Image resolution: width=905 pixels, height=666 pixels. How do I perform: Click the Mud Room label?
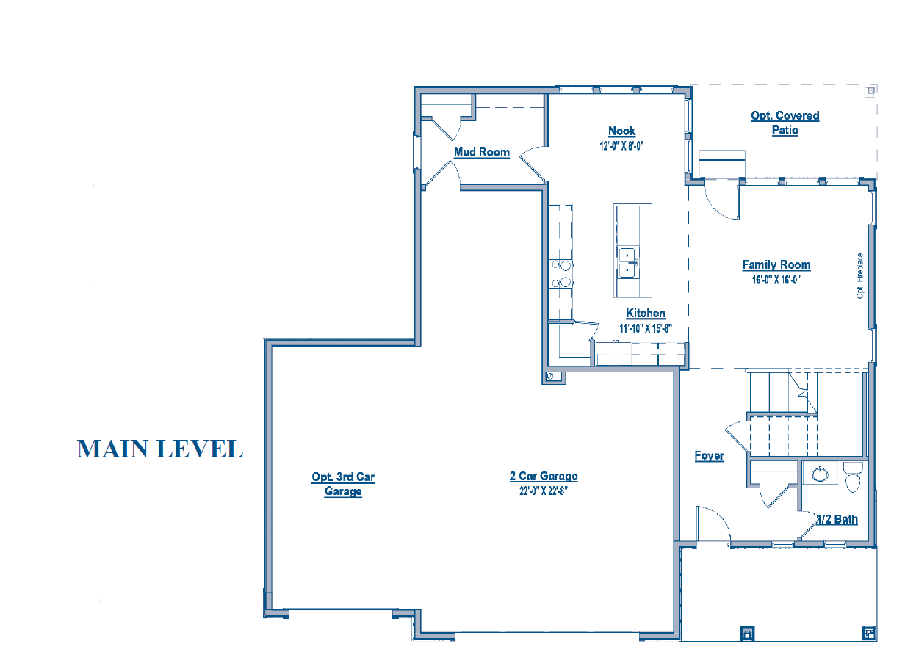[482, 152]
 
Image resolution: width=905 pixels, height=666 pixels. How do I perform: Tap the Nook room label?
[621, 131]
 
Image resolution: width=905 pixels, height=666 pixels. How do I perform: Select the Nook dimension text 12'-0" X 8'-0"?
[621, 146]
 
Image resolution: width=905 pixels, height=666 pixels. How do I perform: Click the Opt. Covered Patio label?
[785, 123]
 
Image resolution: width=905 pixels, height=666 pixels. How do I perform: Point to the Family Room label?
[776, 265]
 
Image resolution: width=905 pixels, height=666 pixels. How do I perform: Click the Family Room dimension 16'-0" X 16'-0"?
[776, 280]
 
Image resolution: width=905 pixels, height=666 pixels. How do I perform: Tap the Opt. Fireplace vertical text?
[859, 275]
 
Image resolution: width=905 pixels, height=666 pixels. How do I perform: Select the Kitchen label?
[645, 314]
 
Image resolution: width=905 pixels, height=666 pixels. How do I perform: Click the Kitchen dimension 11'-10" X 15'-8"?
[646, 328]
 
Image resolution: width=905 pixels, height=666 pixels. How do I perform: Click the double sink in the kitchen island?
[628, 264]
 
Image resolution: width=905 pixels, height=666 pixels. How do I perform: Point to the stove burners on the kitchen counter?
[560, 273]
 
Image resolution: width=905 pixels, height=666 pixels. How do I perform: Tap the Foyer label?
[709, 456]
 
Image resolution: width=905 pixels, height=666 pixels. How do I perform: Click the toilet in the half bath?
[853, 477]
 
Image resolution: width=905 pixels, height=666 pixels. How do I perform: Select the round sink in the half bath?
[820, 474]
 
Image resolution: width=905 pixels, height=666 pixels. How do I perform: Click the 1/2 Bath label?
[837, 520]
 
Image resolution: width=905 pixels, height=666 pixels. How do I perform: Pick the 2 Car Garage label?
[544, 477]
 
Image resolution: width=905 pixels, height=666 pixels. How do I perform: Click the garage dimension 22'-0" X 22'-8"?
[544, 491]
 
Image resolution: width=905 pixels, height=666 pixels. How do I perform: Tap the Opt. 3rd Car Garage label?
[343, 484]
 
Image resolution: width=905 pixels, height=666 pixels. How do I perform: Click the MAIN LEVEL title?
[160, 449]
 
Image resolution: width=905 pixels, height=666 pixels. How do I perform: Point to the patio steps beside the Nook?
[722, 164]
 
